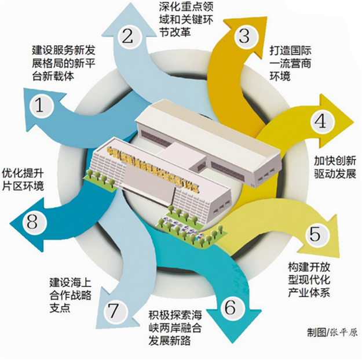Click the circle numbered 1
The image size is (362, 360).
pyautogui.click(x=40, y=106)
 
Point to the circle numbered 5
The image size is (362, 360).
pyautogui.click(x=315, y=234)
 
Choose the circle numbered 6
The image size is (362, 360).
pyautogui.click(x=230, y=307)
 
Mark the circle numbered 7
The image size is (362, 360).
pyautogui.click(x=112, y=311)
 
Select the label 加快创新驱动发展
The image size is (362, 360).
pyautogui.click(x=334, y=167)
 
